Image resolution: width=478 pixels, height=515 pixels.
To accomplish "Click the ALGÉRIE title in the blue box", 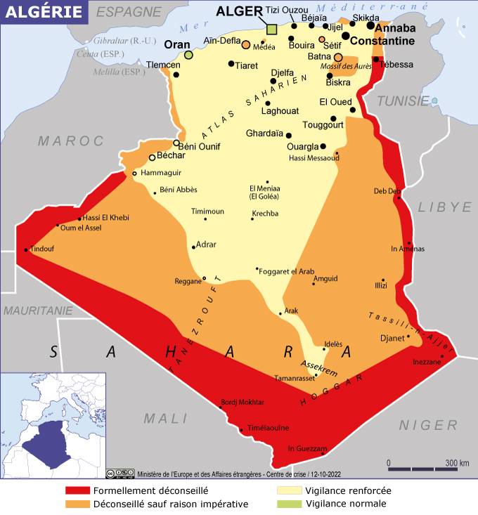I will [44, 13].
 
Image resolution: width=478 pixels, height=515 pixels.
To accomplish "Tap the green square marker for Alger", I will [272, 29].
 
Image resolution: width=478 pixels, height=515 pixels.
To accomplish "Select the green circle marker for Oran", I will [188, 55].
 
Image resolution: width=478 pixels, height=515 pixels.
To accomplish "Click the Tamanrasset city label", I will [295, 378].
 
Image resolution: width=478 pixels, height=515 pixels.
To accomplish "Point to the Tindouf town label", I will [42, 249].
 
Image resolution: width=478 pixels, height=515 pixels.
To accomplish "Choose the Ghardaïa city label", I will [264, 133].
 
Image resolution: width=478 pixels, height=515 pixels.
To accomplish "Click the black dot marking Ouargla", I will [323, 146].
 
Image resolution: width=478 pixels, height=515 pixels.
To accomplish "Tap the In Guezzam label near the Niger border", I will [308, 449].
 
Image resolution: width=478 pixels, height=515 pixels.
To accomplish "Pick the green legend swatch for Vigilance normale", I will [289, 504].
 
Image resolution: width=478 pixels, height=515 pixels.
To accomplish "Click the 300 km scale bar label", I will [456, 463].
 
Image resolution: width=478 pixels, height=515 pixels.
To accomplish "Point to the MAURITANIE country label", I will [37, 310].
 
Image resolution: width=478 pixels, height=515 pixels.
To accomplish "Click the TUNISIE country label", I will [403, 101].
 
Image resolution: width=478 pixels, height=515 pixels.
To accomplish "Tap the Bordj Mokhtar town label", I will [243, 402].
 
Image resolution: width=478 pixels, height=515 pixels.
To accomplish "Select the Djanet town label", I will [392, 338].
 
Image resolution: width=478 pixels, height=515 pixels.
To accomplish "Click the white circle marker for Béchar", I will [152, 157].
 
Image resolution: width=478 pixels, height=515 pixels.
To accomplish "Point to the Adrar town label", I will [207, 245].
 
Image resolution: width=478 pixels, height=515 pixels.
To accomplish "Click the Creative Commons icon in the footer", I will [120, 473].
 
